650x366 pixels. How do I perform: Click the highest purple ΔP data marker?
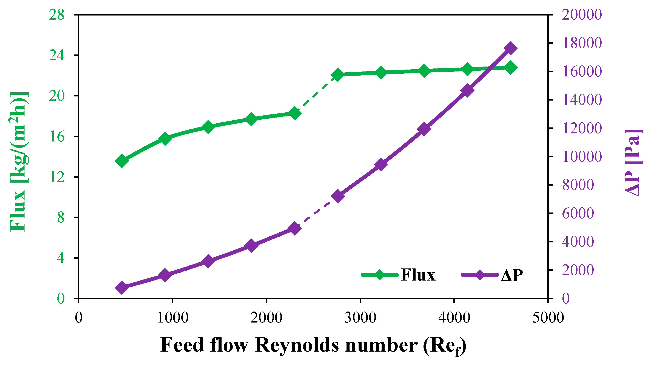coord(510,48)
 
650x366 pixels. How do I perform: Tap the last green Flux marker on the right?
coord(510,67)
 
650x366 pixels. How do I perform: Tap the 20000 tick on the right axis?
coord(582,14)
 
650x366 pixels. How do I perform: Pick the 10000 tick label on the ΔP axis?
coord(582,157)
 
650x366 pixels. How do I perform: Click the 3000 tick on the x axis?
coord(360,318)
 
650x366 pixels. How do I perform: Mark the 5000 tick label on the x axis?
coord(548,318)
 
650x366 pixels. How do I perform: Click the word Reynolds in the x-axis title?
coord(297,345)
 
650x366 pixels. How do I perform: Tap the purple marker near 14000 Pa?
coord(467,91)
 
